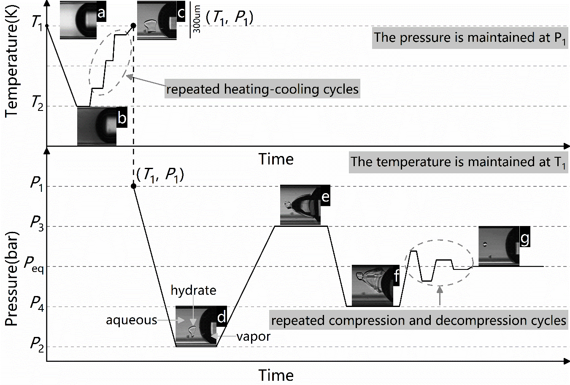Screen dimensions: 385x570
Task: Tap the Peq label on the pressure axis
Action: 34,264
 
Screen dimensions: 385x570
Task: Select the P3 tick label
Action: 36,223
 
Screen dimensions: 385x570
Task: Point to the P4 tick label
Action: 36,303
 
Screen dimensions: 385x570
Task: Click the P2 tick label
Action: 36,344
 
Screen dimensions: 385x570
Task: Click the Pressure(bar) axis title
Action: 11,278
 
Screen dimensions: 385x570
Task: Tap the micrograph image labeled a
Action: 78,20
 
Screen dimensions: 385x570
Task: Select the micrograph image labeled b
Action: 97,126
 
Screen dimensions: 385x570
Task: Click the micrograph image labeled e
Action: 300,205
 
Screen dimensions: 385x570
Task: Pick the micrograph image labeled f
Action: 373,285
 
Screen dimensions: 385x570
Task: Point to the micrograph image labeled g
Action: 499,247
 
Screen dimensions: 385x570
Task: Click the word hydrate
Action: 193,290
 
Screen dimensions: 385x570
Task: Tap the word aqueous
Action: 131,320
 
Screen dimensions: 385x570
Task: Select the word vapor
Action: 253,337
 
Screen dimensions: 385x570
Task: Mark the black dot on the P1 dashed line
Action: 134,186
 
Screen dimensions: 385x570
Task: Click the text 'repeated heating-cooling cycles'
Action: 262,89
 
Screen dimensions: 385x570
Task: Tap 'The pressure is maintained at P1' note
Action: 469,38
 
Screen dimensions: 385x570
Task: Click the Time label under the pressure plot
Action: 276,375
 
